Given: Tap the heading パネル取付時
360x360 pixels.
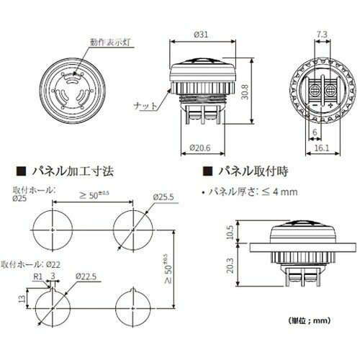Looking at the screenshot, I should [x=252, y=173].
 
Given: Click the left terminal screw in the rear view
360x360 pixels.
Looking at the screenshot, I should [x=314, y=92].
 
